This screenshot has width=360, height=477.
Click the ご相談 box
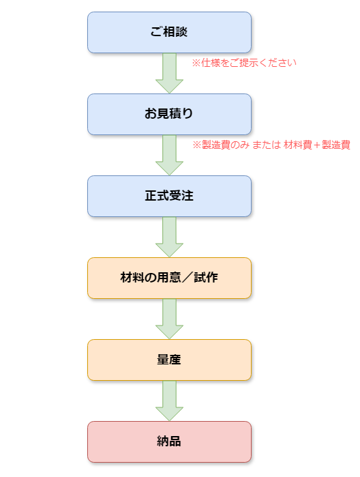point(169,33)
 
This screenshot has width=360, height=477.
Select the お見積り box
point(169,115)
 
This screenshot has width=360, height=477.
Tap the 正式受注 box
point(169,197)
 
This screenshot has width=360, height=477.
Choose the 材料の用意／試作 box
point(169,278)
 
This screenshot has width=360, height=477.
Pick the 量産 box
point(169,360)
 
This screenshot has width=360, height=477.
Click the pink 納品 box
point(169,442)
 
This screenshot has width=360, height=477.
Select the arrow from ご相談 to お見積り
point(169,73)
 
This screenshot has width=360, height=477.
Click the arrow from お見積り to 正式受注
point(169,155)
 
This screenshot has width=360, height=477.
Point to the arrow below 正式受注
point(169,237)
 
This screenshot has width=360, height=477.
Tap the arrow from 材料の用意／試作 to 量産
point(169,319)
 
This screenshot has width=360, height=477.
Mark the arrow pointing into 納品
point(169,401)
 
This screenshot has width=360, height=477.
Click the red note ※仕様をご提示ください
point(244,63)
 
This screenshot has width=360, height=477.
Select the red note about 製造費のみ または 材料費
point(271,145)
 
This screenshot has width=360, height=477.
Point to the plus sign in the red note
point(317,145)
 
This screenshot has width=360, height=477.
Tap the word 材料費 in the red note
point(298,145)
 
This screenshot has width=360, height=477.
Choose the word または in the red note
point(267,145)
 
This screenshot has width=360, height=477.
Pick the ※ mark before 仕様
point(196,63)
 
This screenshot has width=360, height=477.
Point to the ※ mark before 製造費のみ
point(197,145)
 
